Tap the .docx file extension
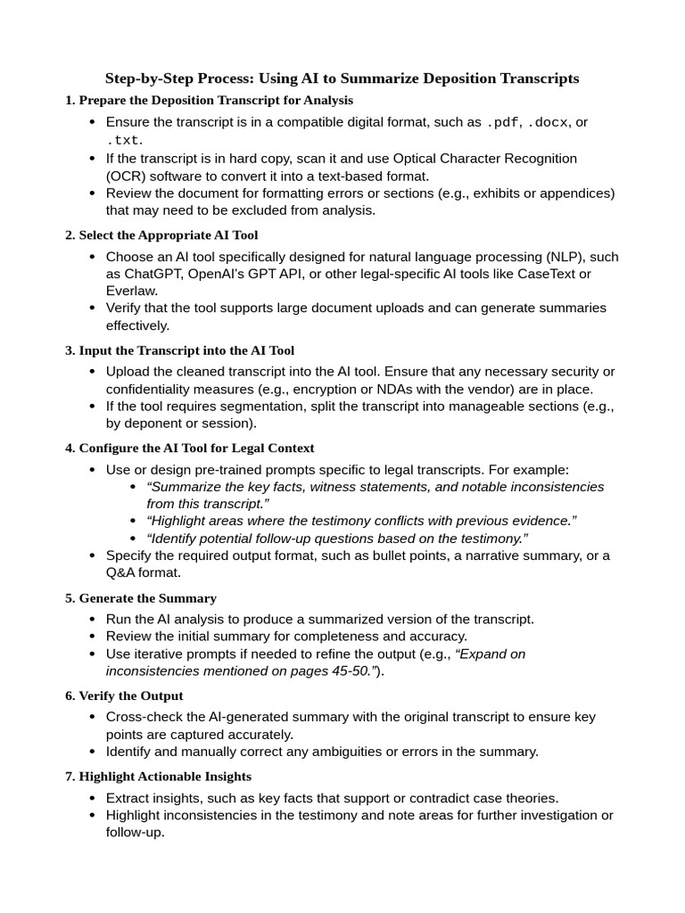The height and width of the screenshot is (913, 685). pyautogui.click(x=549, y=123)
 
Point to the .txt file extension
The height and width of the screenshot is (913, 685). pyautogui.click(x=123, y=141)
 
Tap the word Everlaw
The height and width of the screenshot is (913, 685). pyautogui.click(x=132, y=291)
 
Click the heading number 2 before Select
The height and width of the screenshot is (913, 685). pyautogui.click(x=69, y=235)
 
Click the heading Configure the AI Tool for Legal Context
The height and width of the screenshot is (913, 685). pyautogui.click(x=196, y=448)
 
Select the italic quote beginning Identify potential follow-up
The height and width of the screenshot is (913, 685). pyautogui.click(x=337, y=539)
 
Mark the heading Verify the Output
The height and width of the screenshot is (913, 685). pyautogui.click(x=131, y=695)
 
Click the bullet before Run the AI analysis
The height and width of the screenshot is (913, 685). pyautogui.click(x=94, y=620)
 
